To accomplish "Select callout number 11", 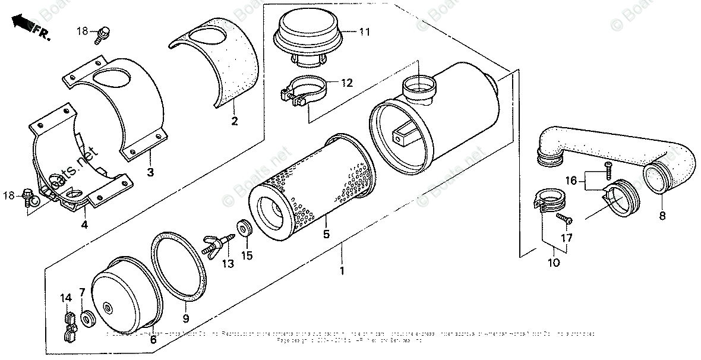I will pos(364,31).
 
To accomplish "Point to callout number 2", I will pos(234,122).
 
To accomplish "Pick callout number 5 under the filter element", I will pos(326,235).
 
